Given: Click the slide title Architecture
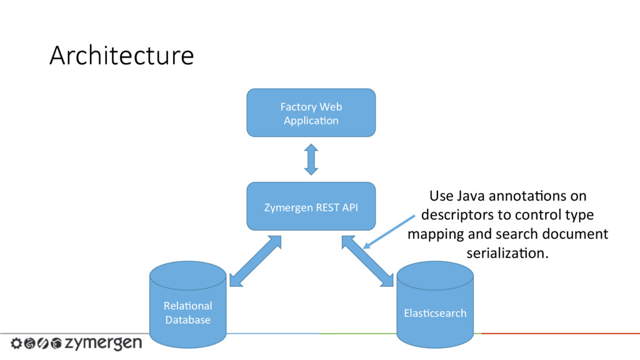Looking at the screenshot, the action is pyautogui.click(x=122, y=56).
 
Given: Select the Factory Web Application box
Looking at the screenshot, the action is pyautogui.click(x=311, y=112).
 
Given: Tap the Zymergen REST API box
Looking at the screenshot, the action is pyautogui.click(x=311, y=206).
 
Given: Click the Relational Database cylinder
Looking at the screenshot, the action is pyautogui.click(x=187, y=304).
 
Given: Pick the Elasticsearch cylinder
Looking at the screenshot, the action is pyautogui.click(x=435, y=304).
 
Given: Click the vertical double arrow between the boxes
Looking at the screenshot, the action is pyautogui.click(x=311, y=159).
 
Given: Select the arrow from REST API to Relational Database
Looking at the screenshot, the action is pyautogui.click(x=256, y=261).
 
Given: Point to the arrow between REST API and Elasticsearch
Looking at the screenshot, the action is pyautogui.click(x=367, y=261).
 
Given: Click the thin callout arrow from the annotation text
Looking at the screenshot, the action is pyautogui.click(x=389, y=232).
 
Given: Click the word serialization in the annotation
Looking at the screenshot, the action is pyautogui.click(x=507, y=253).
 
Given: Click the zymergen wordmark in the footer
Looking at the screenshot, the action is pyautogui.click(x=104, y=343).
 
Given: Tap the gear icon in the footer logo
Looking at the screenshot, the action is pyautogui.click(x=16, y=343).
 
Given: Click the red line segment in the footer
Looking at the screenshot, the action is pyautogui.click(x=561, y=334).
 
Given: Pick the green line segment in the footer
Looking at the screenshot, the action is pyautogui.click(x=358, y=334).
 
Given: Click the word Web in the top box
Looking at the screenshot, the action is pyautogui.click(x=331, y=106).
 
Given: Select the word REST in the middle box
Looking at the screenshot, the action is pyautogui.click(x=327, y=207).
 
